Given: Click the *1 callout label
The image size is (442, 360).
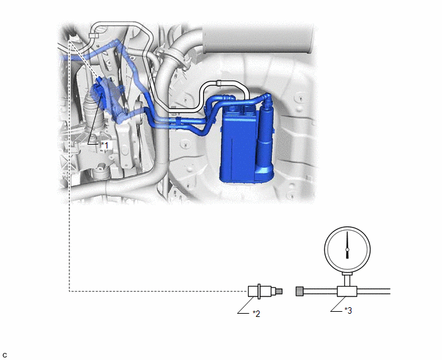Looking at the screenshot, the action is tap(105, 145).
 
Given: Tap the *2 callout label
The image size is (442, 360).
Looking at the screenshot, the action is tap(256, 314).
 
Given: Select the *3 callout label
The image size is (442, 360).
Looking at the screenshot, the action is tap(348, 310).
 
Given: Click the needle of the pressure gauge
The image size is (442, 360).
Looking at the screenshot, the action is tap(348, 245).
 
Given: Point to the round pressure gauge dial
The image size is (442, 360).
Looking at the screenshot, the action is tap(348, 249).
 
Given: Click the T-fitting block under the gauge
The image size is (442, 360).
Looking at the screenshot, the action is tap(347, 291).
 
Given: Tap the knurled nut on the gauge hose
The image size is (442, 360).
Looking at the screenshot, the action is tap(299, 291).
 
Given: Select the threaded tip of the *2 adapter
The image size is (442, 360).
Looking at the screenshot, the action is tap(279, 291).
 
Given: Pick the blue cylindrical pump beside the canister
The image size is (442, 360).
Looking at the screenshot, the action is tap(265, 136).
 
